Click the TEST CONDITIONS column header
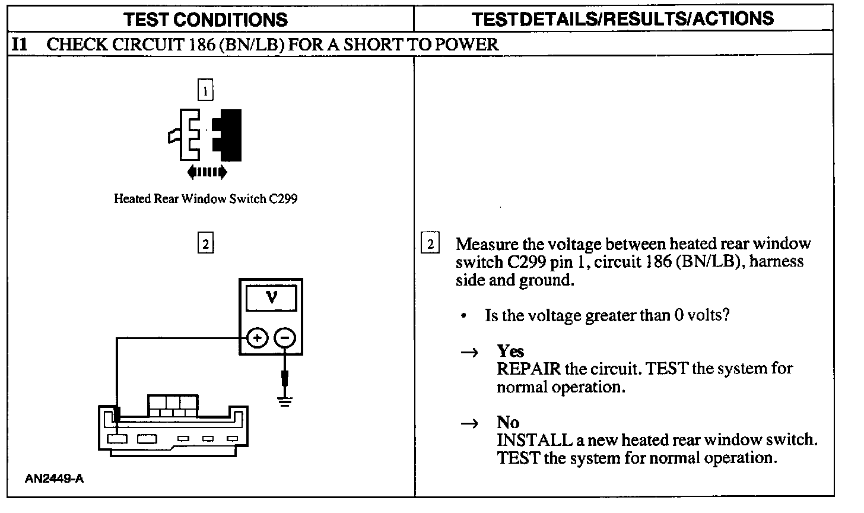(x=205, y=19)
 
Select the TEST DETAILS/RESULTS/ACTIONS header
(x=623, y=19)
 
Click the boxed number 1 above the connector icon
(x=205, y=91)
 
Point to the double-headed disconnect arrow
(x=207, y=172)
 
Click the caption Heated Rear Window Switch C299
(x=205, y=199)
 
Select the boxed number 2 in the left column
(x=205, y=244)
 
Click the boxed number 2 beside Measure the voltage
(x=430, y=244)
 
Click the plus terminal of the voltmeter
(x=256, y=338)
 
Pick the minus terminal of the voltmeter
(x=285, y=338)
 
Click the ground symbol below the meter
(x=285, y=402)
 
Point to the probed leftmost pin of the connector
(x=117, y=439)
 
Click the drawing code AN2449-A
(x=54, y=479)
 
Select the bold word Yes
(x=510, y=351)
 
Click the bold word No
(x=508, y=422)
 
